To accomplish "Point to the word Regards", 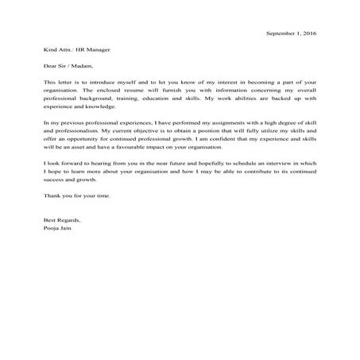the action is coord(70,219).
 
